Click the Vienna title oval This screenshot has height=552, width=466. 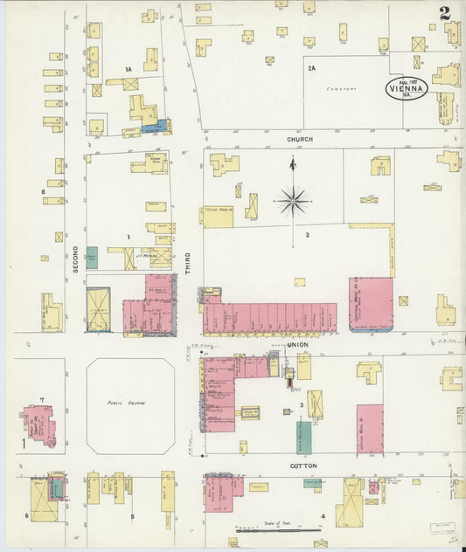407,88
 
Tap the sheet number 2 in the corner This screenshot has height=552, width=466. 445,13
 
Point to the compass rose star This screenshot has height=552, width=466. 293,201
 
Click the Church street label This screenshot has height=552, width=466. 299,138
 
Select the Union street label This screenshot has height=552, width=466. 298,345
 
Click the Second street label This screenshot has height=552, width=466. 76,258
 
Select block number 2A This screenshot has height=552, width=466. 311,67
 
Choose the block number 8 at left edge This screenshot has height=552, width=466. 42,190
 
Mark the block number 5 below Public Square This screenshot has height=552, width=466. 132,516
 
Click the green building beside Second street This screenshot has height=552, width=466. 92,258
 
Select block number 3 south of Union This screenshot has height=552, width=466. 302,405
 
